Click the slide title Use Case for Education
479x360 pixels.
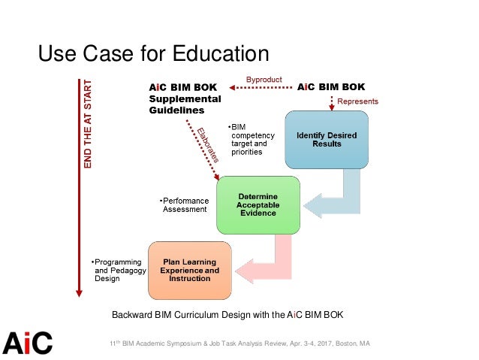click(x=153, y=53)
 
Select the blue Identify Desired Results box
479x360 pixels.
click(x=327, y=139)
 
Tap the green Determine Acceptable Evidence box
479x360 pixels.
click(x=258, y=205)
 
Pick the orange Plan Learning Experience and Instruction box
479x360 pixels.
click(x=190, y=270)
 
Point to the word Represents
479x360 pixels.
click(x=357, y=101)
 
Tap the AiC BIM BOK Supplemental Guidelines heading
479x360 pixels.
click(x=185, y=98)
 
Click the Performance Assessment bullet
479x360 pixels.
click(x=185, y=205)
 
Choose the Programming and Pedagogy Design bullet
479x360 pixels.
click(x=116, y=270)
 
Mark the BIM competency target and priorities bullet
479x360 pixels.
click(x=249, y=139)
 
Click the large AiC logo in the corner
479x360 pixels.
click(x=27, y=342)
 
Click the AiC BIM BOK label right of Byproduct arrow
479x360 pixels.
click(x=330, y=87)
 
